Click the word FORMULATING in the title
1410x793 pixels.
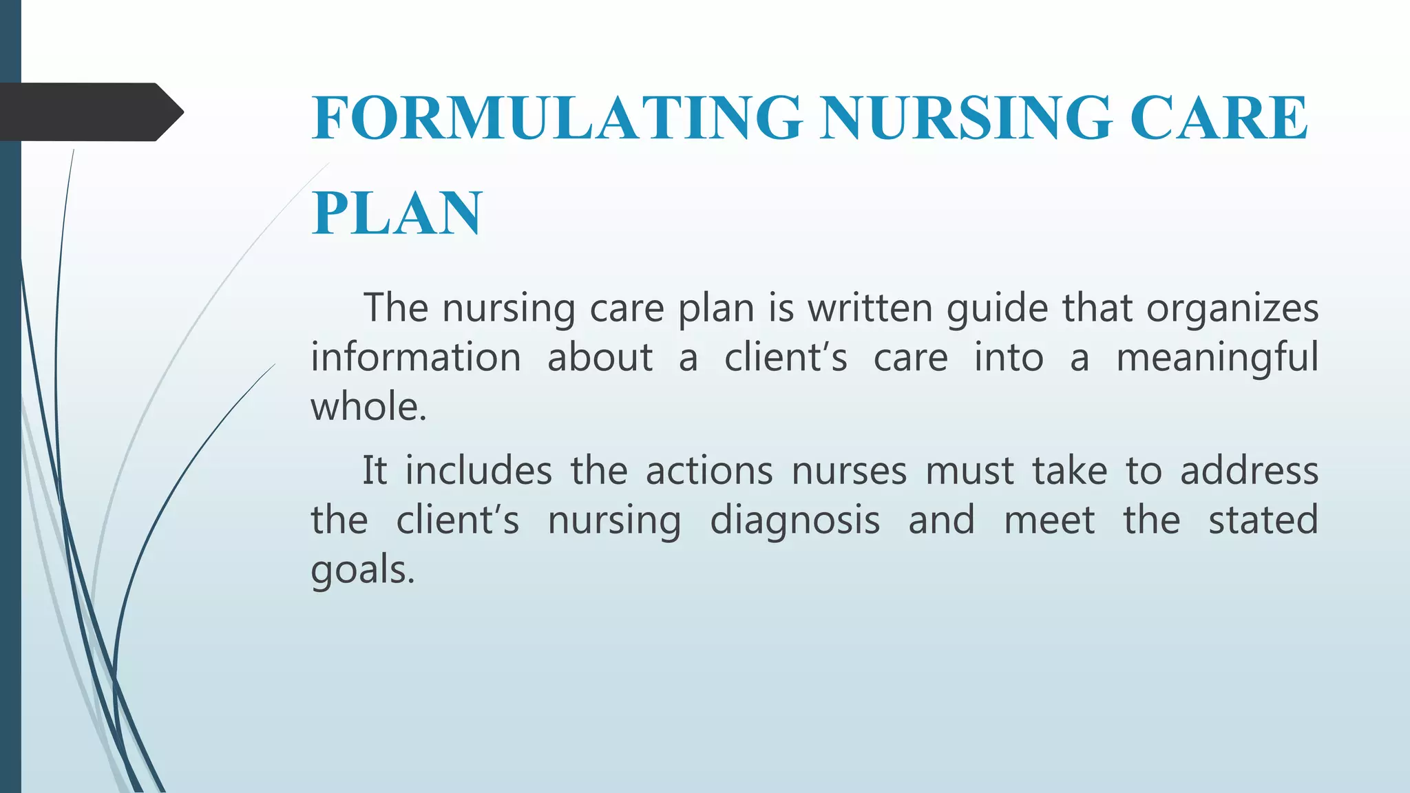pos(557,118)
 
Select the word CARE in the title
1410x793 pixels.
pos(1219,118)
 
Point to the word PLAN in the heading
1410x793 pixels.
pos(397,213)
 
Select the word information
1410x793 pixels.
pos(416,357)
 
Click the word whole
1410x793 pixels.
pos(368,406)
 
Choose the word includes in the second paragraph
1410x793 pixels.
pos(478,471)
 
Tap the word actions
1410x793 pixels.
pos(709,471)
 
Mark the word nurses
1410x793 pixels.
pos(850,472)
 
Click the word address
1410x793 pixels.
pos(1250,471)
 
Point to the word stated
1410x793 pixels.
pos(1263,520)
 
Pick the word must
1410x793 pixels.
pos(969,472)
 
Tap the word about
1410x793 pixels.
pos(600,357)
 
